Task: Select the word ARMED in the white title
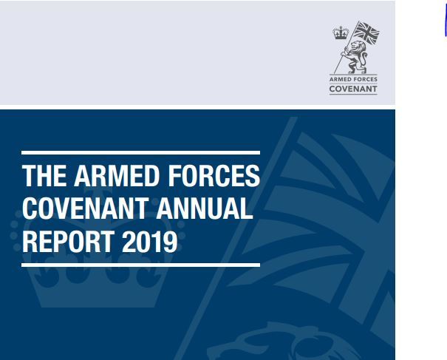click(116, 176)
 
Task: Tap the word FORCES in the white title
click(214, 176)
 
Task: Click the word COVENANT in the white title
click(85, 208)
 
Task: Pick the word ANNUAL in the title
click(205, 208)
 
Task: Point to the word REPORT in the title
click(68, 241)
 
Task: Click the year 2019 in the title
click(150, 241)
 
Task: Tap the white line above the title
click(141, 152)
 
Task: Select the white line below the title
click(141, 265)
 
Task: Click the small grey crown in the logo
click(341, 33)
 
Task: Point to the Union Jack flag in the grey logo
click(366, 33)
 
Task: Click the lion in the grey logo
click(356, 57)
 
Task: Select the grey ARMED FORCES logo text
click(353, 79)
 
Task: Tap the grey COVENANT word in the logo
click(353, 89)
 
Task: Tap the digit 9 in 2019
click(170, 241)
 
